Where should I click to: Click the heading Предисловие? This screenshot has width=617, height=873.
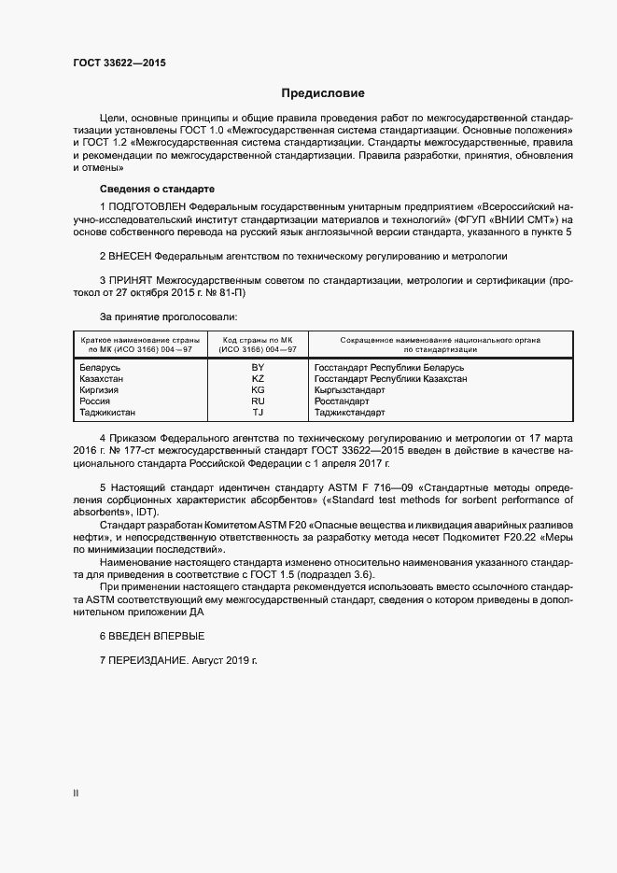click(x=323, y=93)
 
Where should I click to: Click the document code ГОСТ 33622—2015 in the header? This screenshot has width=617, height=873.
click(x=120, y=63)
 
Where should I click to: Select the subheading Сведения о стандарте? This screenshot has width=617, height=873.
click(x=144, y=189)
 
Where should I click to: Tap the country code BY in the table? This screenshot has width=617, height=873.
click(x=258, y=367)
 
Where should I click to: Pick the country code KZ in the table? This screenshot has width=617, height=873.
click(x=258, y=378)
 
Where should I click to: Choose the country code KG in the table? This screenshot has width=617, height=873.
click(x=258, y=389)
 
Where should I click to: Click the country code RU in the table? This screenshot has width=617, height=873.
click(x=258, y=401)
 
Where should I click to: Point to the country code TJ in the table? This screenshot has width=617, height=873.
click(x=258, y=412)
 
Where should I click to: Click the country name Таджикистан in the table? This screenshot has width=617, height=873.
click(x=109, y=412)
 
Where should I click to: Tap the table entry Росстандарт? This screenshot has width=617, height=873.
click(x=342, y=401)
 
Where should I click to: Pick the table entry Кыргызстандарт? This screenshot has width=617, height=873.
click(x=349, y=389)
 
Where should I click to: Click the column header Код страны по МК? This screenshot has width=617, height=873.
click(x=258, y=339)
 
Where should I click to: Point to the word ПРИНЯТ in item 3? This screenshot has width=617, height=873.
click(x=130, y=280)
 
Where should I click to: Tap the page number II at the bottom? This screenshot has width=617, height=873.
click(x=76, y=793)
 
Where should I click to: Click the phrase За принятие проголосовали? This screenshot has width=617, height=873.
click(x=162, y=317)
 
